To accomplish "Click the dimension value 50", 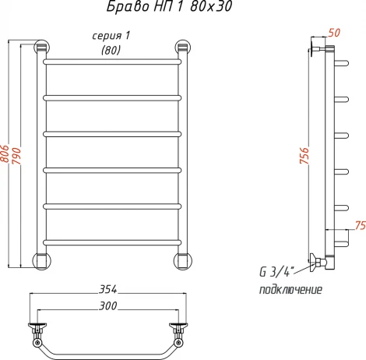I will pyautogui.click(x=335, y=33).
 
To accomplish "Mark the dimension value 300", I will pyautogui.click(x=108, y=305).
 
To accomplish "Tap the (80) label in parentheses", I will pyautogui.click(x=111, y=51).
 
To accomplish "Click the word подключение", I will pyautogui.click(x=290, y=290).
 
